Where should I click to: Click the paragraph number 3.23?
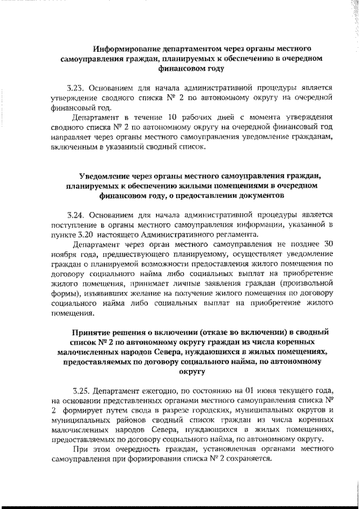(74, 88)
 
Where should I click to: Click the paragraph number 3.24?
(74, 214)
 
